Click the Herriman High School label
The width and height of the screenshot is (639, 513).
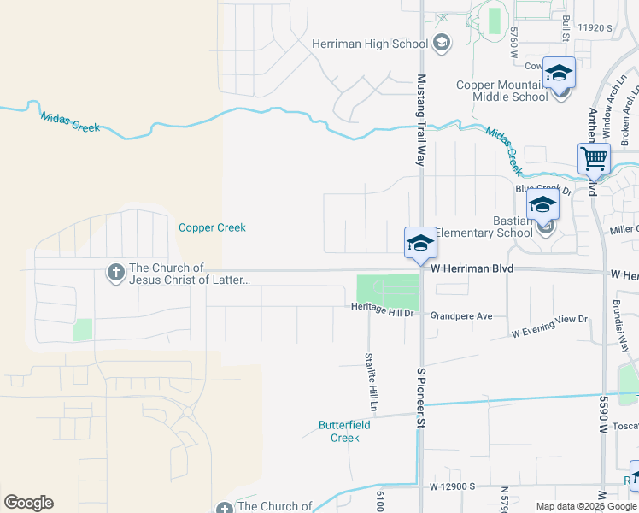pyautogui.click(x=369, y=44)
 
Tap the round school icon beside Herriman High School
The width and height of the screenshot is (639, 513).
pyautogui.click(x=442, y=44)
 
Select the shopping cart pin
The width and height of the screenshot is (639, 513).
pyautogui.click(x=594, y=159)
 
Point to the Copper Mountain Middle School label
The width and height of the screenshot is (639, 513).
pyautogui.click(x=502, y=91)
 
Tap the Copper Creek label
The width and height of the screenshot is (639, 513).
pyautogui.click(x=212, y=227)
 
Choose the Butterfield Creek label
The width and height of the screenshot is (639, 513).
pyautogui.click(x=339, y=431)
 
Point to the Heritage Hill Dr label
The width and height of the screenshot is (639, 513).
pyautogui.click(x=382, y=314)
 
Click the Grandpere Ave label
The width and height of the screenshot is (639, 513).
pyautogui.click(x=461, y=315)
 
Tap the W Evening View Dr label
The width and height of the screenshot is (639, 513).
pyautogui.click(x=550, y=325)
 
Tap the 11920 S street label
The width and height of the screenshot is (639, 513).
pyautogui.click(x=595, y=28)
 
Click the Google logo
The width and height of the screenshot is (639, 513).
pyautogui.click(x=28, y=503)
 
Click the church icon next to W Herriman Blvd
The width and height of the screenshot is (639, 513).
pyautogui.click(x=115, y=273)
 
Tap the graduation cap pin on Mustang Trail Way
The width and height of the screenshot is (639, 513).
pyautogui.click(x=420, y=242)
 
